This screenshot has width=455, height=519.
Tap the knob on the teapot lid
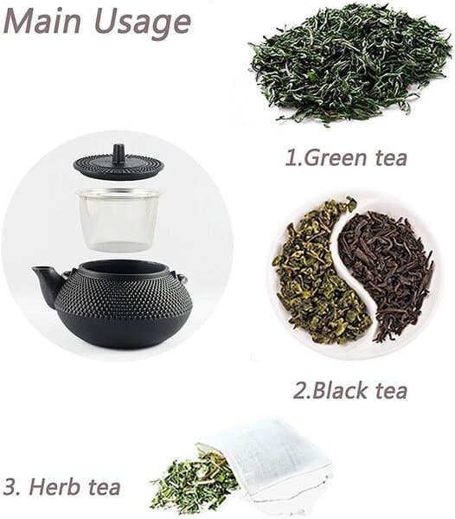coord(119,154)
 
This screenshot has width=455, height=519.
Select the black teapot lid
coord(119,163)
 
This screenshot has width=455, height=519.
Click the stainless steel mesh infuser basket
coord(119,219)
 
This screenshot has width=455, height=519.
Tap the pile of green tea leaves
coord(349,63)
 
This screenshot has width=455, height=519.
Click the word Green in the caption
coord(335,157)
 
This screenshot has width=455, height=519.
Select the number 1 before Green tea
coord(292,157)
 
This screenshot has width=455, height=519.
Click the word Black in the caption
coord(340,390)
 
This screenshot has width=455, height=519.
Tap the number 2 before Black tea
coord(300,391)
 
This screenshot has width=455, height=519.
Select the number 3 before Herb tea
coord(10,487)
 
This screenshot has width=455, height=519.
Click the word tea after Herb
coord(104,488)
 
